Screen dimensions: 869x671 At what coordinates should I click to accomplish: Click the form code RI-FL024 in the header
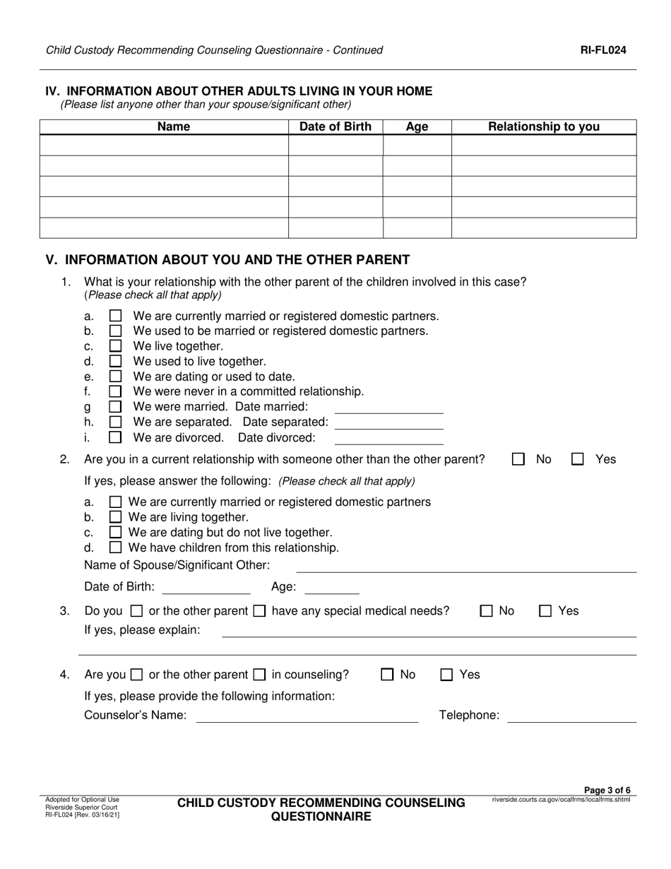point(603,50)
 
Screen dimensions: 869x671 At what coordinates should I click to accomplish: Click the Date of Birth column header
point(335,127)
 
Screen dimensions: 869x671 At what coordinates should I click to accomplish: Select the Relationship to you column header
point(544,127)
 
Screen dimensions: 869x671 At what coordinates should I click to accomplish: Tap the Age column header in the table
point(417,127)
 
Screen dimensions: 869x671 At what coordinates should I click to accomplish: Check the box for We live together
point(116,346)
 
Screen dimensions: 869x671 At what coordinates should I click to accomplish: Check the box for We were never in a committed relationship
point(116,391)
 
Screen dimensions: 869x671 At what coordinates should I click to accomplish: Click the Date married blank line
point(388,408)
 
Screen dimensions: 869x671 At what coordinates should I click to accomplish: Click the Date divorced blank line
point(388,439)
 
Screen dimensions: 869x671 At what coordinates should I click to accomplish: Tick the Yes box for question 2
point(578,459)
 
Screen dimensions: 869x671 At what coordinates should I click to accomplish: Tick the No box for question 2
point(518,459)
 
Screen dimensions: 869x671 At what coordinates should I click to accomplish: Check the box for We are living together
point(116,517)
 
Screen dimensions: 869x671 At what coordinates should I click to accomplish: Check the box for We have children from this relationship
point(116,548)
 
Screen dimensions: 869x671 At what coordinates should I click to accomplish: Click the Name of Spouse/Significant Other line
point(466,567)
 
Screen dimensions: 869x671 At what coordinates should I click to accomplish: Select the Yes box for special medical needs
point(545,611)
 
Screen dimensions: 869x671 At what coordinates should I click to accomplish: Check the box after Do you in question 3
point(137,611)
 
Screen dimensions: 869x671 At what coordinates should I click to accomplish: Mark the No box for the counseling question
point(387,675)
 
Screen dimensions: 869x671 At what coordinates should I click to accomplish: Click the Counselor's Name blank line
point(307,716)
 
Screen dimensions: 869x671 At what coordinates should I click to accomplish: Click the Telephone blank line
point(572,716)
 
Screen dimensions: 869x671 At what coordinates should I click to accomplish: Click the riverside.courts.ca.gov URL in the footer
point(561,800)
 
